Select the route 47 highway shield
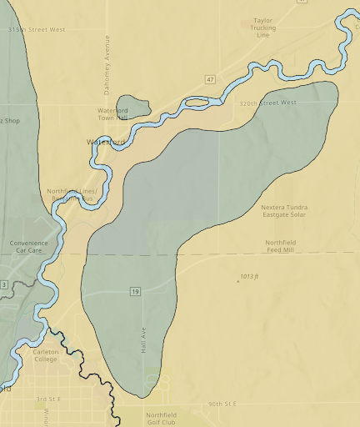coord(211,79)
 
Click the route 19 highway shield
coord(134,291)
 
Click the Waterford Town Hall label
coord(112,114)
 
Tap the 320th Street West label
coord(267,103)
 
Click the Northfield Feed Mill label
coord(280,246)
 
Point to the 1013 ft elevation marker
coord(249,276)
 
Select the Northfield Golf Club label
coord(161,419)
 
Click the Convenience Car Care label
coord(29,247)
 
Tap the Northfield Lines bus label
coord(72,196)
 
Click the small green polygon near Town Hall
coord(132,106)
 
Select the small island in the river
coord(197,103)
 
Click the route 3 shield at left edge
coord(3,285)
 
